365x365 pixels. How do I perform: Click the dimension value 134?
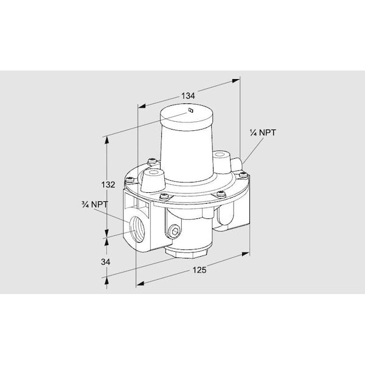188,96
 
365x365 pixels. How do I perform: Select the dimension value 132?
108,184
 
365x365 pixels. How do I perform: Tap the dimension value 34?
105,262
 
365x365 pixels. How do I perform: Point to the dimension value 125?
200,270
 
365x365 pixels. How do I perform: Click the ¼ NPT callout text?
263,133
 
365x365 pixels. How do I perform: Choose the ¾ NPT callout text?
95,204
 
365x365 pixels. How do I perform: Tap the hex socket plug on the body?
174,231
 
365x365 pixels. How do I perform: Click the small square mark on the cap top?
190,110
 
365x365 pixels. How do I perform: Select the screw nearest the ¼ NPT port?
243,175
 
